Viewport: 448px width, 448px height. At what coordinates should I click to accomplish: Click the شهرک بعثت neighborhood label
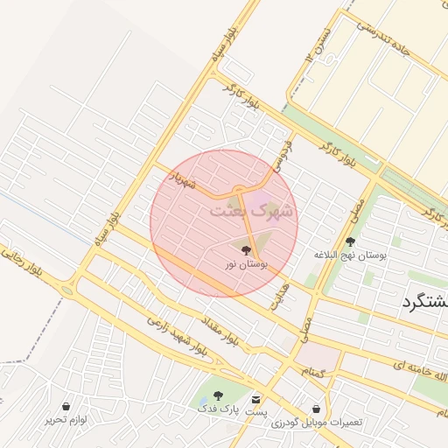pos(254,212)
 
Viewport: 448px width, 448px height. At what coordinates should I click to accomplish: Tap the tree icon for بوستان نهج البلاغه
pos(351,241)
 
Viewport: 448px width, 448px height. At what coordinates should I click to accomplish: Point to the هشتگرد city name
pos(424,303)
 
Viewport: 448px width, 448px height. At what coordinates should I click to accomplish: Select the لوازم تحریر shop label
pos(66,419)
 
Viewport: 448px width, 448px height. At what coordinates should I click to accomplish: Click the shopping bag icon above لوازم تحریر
pos(66,407)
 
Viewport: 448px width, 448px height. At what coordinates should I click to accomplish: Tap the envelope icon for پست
pos(256,398)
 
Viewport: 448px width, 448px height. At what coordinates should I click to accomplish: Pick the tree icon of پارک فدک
pos(218,396)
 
